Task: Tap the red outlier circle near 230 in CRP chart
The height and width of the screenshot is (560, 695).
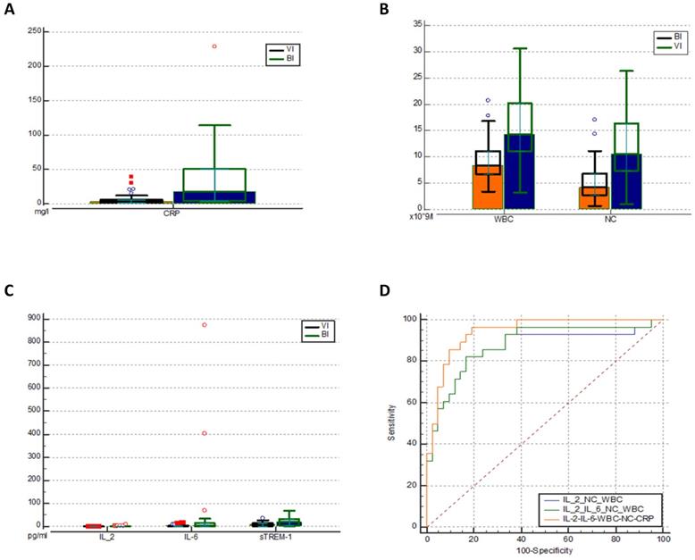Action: coord(214,46)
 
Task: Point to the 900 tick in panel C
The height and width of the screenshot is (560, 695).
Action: coord(37,317)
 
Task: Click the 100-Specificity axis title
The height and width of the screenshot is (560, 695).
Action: coord(545,551)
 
